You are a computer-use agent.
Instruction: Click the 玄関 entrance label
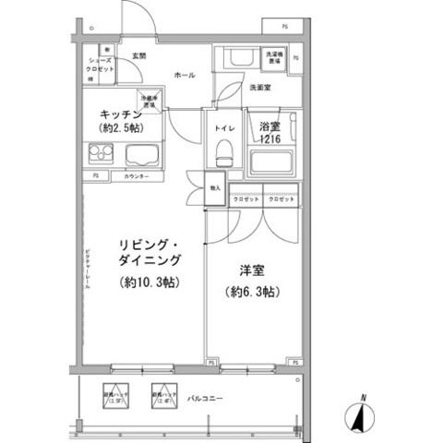tap(138, 57)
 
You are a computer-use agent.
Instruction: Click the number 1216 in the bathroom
tap(269, 138)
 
